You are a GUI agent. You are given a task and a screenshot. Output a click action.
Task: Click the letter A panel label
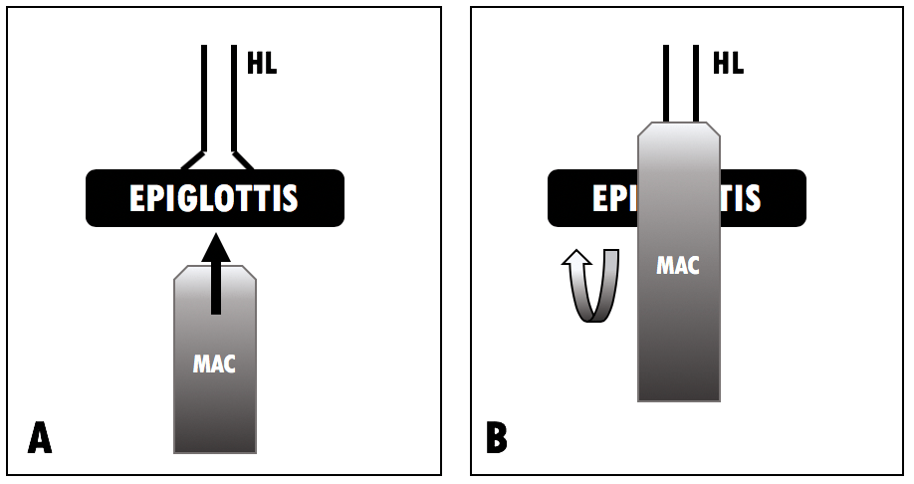(x=40, y=437)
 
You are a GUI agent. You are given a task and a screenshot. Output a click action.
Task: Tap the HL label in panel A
(x=261, y=65)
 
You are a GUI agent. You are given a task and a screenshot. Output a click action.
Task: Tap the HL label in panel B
(x=727, y=65)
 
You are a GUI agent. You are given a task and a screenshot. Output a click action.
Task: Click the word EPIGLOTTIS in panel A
(x=214, y=199)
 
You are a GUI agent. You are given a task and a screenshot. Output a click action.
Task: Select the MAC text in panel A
(x=214, y=363)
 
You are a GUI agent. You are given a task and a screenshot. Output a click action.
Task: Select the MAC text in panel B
(x=678, y=265)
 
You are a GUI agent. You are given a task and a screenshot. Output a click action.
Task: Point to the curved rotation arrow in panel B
(x=592, y=289)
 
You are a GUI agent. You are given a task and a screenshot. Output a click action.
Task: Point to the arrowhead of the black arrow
(x=214, y=246)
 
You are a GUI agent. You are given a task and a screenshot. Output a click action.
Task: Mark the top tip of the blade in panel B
(x=678, y=125)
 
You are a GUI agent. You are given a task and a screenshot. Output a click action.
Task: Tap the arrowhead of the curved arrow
(x=575, y=259)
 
